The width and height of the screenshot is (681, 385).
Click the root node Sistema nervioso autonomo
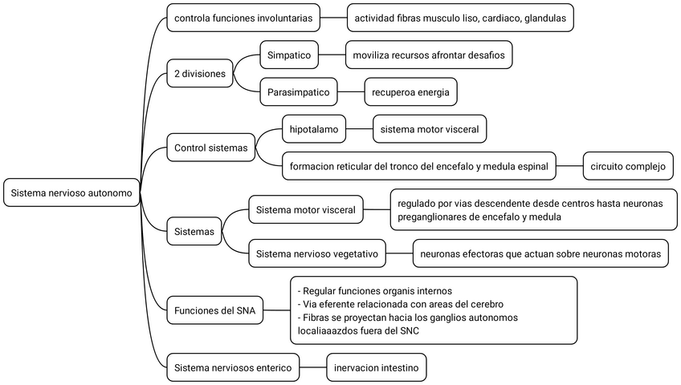pos(71,193)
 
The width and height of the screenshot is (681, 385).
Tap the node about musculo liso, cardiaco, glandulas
pos(460,18)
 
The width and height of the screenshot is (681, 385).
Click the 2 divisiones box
pos(200,74)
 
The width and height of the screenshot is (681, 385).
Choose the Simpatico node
pos(290,55)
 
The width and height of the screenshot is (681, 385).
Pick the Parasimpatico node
pos(299,92)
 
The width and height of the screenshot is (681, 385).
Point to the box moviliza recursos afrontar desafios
pos(428,55)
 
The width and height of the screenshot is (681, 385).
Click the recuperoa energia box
pos(410,92)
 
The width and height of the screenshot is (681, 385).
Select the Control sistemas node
pos(211,147)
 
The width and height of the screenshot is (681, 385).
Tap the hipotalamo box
pos(314,128)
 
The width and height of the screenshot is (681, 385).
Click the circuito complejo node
pos(628,167)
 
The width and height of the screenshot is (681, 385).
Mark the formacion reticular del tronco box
pos(418,167)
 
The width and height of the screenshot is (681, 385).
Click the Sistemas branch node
pos(194,233)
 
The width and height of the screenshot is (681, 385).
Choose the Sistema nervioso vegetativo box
pos(316,254)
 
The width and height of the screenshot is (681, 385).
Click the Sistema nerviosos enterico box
pos(233,368)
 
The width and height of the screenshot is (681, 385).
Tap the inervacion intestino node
pos(376,368)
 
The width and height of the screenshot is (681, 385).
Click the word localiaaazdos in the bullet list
pos(331,330)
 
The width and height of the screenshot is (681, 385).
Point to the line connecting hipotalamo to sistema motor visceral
pos(360,128)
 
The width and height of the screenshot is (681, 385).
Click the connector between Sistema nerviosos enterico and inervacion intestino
pos(313,368)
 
